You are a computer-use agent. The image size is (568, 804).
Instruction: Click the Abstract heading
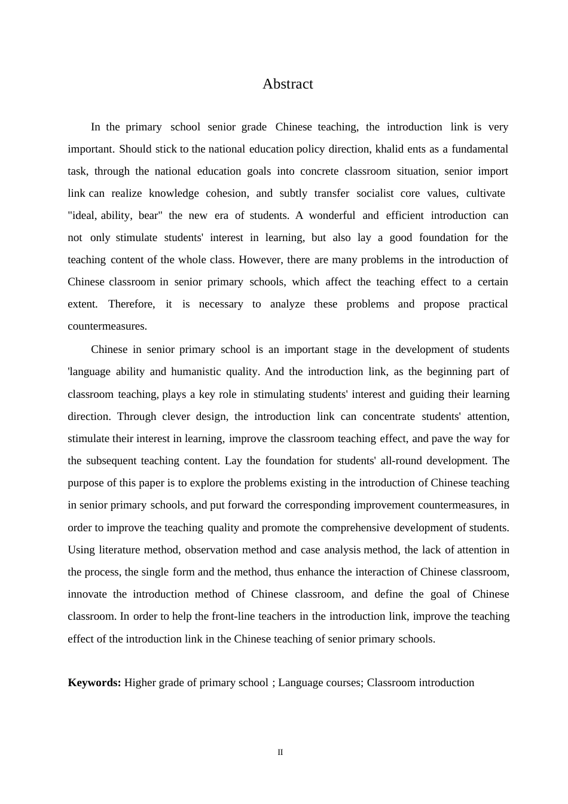pos(288,84)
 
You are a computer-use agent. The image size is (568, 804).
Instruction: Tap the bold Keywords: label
pos(94,683)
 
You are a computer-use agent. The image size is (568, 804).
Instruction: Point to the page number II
pos(280,753)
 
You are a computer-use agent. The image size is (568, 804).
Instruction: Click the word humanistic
pos(196,371)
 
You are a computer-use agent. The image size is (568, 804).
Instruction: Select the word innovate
pos(87,594)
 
